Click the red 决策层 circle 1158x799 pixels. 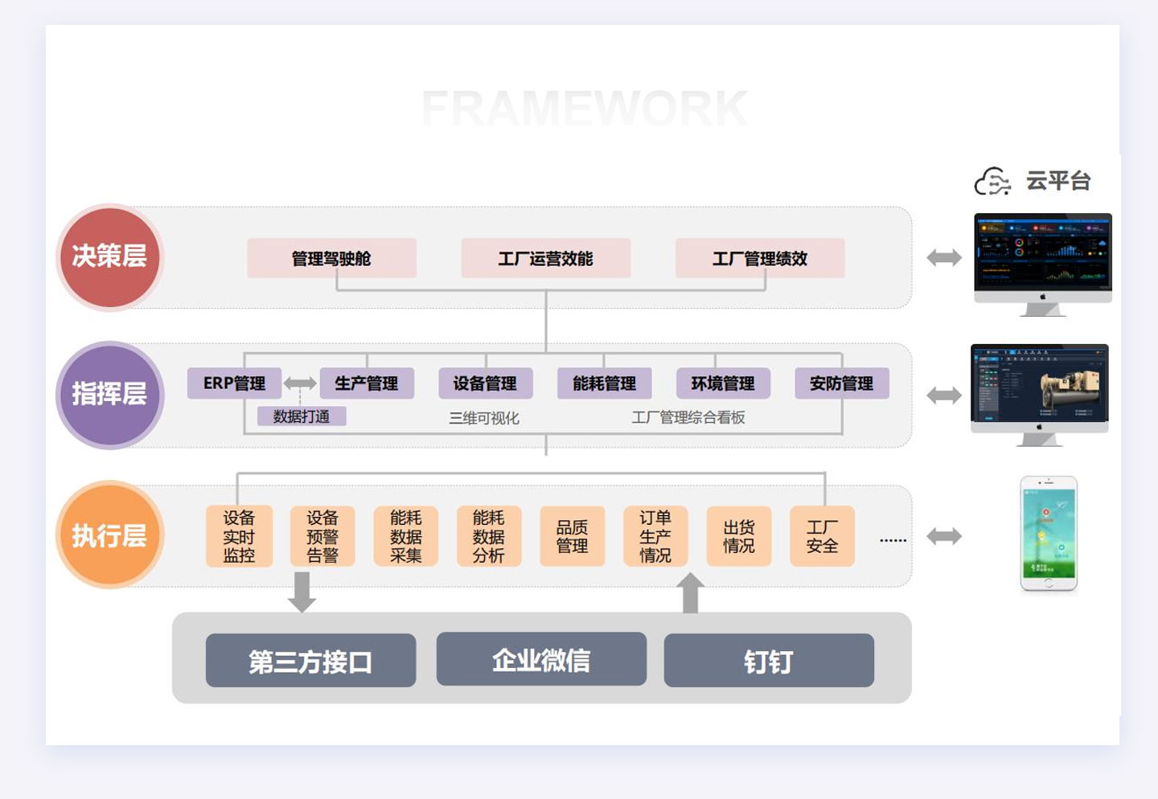110,257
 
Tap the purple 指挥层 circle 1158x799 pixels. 110,395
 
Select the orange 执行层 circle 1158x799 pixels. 110,535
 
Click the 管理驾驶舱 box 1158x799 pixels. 331,258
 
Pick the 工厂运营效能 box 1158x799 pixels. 545,258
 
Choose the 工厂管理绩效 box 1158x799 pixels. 760,258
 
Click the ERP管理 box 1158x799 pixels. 234,383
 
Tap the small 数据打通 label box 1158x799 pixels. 302,416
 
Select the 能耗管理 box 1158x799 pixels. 604,383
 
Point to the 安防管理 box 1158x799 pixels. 841,383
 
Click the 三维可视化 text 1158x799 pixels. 484,418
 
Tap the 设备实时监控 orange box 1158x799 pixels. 239,536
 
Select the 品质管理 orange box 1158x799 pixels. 572,536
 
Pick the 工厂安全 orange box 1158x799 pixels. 822,536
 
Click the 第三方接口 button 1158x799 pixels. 310,661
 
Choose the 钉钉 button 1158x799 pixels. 769,661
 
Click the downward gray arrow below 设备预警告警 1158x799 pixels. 302,592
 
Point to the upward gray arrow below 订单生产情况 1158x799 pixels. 690,593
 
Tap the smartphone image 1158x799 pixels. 1049,534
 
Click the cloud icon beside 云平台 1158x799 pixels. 992,182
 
